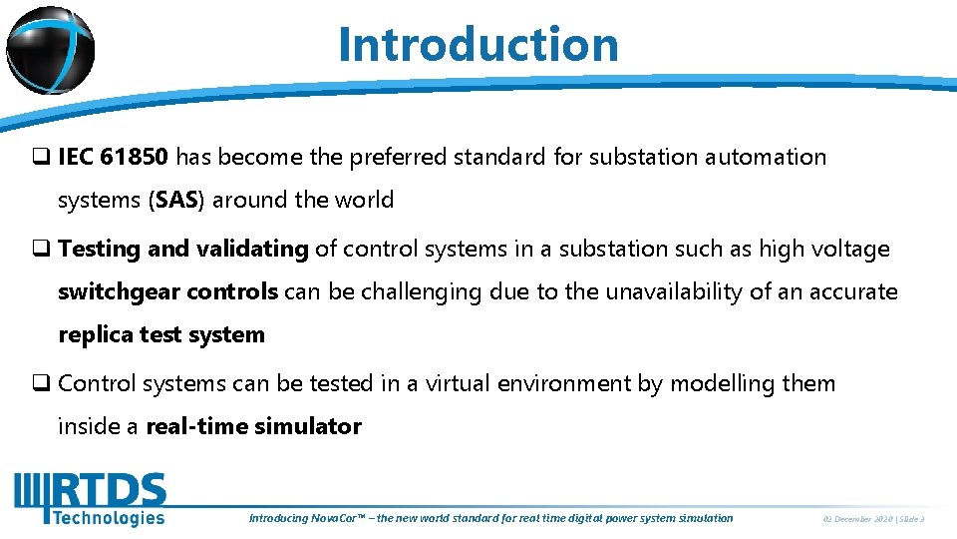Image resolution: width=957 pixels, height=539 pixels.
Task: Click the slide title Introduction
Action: click(478, 44)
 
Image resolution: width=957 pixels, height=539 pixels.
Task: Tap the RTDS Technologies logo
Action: click(90, 499)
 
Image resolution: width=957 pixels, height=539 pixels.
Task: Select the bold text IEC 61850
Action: click(114, 157)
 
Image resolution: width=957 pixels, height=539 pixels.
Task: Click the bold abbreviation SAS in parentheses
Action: click(175, 200)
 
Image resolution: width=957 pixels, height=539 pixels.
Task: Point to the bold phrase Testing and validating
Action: click(183, 249)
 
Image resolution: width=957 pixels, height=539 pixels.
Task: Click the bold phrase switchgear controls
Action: click(167, 291)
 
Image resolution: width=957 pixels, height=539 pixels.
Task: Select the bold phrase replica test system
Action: click(161, 334)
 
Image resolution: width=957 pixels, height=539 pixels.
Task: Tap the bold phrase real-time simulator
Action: click(253, 426)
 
